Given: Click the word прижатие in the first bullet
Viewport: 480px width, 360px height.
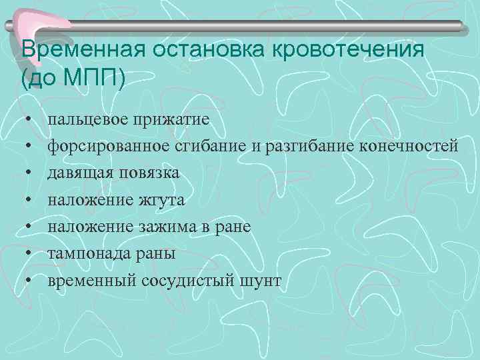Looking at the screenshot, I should click(x=169, y=120).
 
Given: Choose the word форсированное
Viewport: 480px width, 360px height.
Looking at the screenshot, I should click(x=111, y=147).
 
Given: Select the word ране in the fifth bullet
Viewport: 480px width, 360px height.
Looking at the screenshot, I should click(x=233, y=227).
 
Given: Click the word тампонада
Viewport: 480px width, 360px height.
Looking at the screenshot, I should click(x=85, y=253).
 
